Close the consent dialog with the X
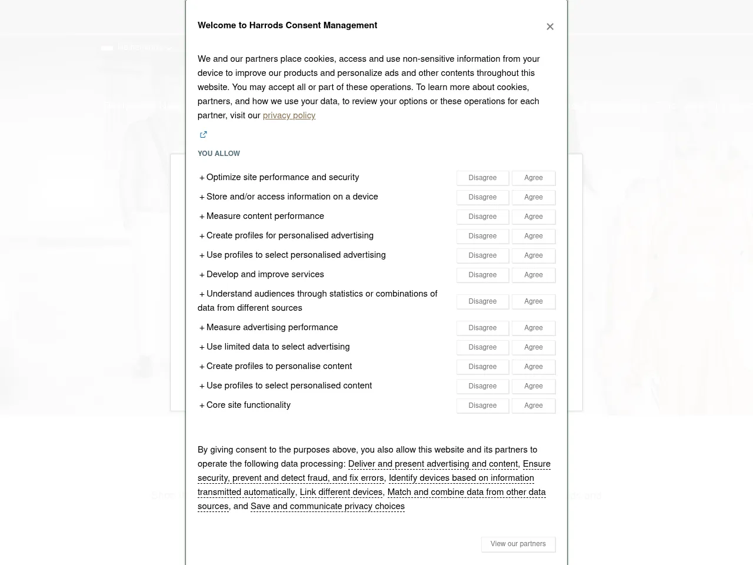[x=550, y=26]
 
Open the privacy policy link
[x=289, y=115]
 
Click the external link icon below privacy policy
[x=204, y=135]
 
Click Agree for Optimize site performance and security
[x=534, y=178]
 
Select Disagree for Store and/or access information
[x=482, y=197]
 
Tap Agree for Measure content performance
[x=534, y=217]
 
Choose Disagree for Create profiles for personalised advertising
[x=482, y=236]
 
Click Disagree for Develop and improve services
[x=482, y=275]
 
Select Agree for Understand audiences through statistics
[x=534, y=301]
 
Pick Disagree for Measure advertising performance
[x=482, y=328]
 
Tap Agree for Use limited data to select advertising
[x=534, y=347]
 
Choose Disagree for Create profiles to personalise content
[x=482, y=367]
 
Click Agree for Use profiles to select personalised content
[x=534, y=386]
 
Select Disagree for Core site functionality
[x=482, y=406]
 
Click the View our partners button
[x=518, y=544]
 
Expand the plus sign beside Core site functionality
[x=202, y=406]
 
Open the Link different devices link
[x=341, y=492]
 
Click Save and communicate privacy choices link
[x=328, y=506]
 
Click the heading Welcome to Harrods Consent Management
[x=287, y=25]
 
